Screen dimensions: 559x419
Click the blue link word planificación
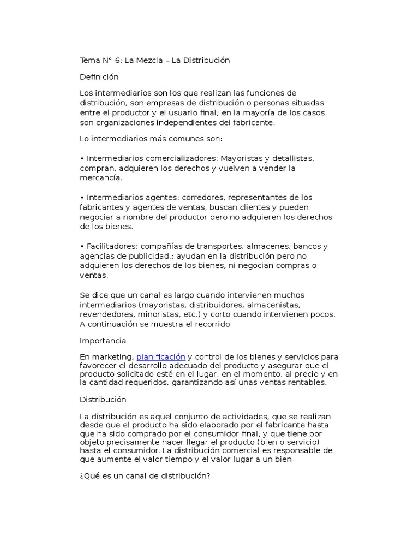161,356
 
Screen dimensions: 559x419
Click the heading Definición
99,76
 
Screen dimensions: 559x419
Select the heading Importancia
103,341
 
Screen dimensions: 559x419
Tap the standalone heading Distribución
103,400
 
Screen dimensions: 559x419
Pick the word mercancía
101,178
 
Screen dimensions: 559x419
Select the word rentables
308,383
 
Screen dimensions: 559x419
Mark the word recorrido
211,324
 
